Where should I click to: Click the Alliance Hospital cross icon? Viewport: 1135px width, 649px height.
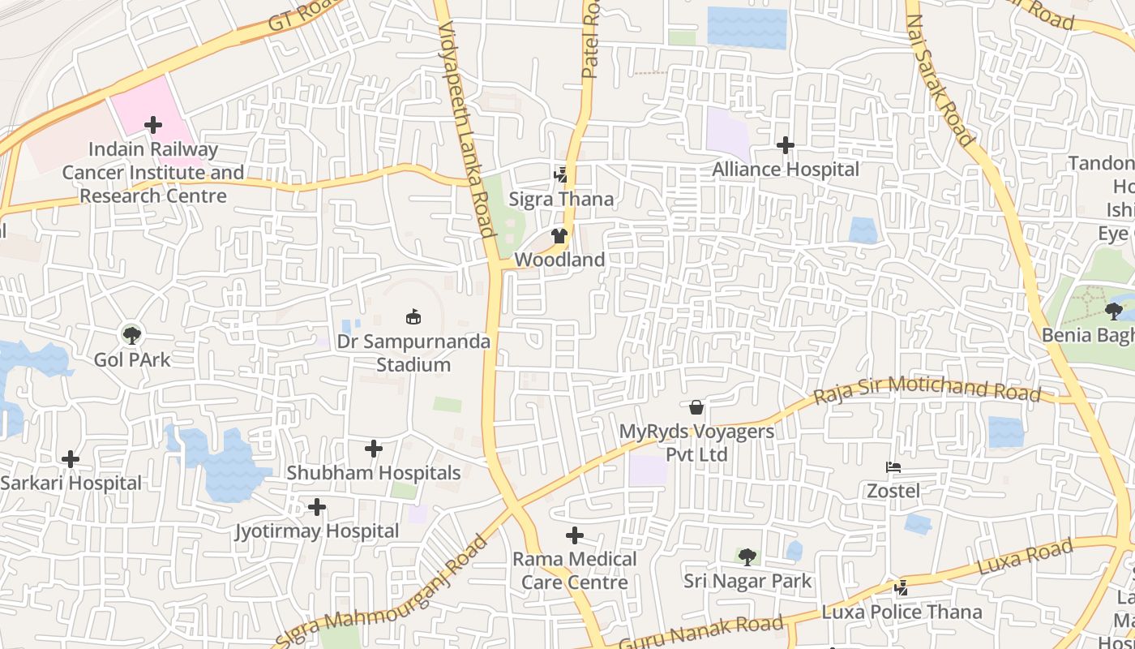785,145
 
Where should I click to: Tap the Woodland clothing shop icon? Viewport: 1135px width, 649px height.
559,236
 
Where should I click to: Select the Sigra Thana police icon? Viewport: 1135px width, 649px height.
560,174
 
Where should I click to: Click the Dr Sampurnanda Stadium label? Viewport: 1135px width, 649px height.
413,353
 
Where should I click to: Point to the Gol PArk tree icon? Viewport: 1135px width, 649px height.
131,333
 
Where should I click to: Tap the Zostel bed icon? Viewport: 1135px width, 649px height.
893,467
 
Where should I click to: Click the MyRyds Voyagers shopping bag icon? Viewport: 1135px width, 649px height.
696,407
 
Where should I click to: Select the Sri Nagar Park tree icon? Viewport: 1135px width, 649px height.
747,557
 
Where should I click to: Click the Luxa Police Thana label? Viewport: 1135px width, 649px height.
902,612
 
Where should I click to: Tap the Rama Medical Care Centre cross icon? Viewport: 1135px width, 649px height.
575,535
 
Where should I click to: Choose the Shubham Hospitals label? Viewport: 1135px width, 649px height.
374,472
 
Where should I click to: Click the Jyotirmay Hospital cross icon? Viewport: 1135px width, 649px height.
317,507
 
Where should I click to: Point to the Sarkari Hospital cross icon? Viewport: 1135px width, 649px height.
71,459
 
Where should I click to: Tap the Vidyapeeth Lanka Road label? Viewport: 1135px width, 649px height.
466,130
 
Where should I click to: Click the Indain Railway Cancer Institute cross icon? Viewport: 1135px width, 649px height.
152,125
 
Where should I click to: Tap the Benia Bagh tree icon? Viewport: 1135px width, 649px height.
1113,310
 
